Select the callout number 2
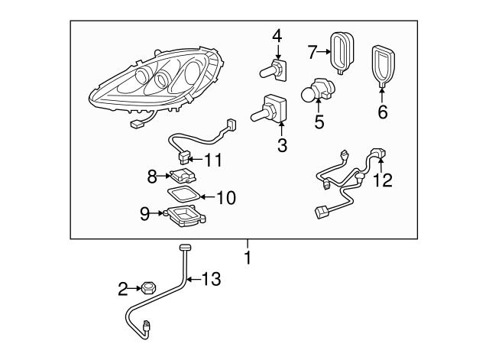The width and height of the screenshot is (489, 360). tap(122, 289)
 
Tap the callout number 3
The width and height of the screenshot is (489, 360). tap(282, 144)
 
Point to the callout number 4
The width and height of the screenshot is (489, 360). tap(277, 36)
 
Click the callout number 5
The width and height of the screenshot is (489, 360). tap(318, 121)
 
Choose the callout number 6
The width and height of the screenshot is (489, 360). tap(382, 112)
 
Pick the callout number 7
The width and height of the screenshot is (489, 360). tap(311, 52)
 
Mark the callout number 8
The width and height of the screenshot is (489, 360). tap(152, 176)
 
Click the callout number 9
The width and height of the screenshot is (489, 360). tap(145, 214)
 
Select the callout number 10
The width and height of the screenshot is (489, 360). tap(225, 198)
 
